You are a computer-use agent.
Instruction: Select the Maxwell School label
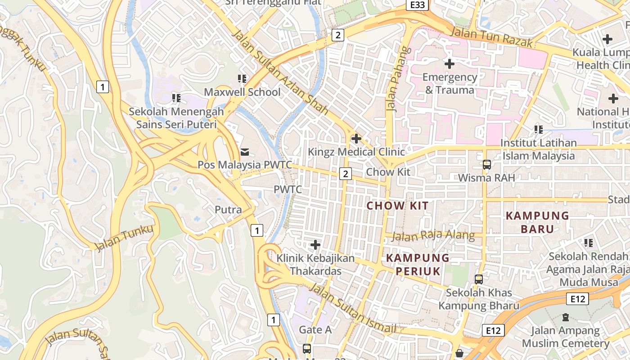tap(242, 92)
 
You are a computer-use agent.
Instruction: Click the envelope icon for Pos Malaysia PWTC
tap(245, 152)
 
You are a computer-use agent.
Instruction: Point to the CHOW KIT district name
tap(397, 206)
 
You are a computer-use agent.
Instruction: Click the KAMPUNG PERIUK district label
tap(418, 265)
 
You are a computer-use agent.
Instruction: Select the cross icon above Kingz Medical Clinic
tap(356, 138)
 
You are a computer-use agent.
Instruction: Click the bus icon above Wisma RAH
tap(486, 164)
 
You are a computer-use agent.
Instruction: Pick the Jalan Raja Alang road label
tap(433, 235)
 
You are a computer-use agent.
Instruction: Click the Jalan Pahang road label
tap(393, 79)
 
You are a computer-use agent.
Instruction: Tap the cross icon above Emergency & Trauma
tap(449, 64)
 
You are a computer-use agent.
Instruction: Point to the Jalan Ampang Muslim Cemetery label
tap(566, 337)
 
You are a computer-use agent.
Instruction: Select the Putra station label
tap(228, 210)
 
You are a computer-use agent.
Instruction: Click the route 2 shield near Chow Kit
tap(345, 174)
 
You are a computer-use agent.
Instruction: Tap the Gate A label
tap(315, 330)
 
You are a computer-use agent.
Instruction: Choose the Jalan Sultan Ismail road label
tap(353, 309)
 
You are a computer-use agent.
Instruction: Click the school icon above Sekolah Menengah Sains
tap(176, 98)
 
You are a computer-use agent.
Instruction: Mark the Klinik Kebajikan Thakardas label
tap(315, 265)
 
